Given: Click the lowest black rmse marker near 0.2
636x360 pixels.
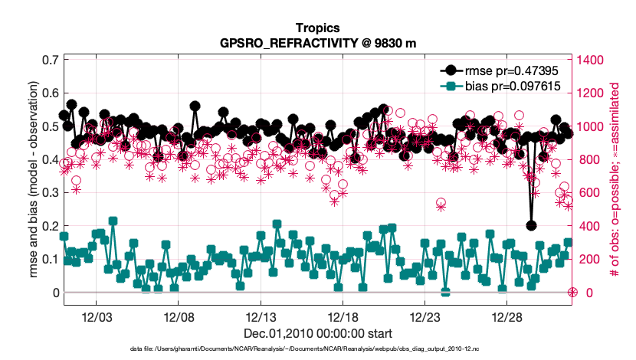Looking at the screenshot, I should tap(531, 225).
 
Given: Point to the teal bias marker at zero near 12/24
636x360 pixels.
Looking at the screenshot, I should tap(445, 292).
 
